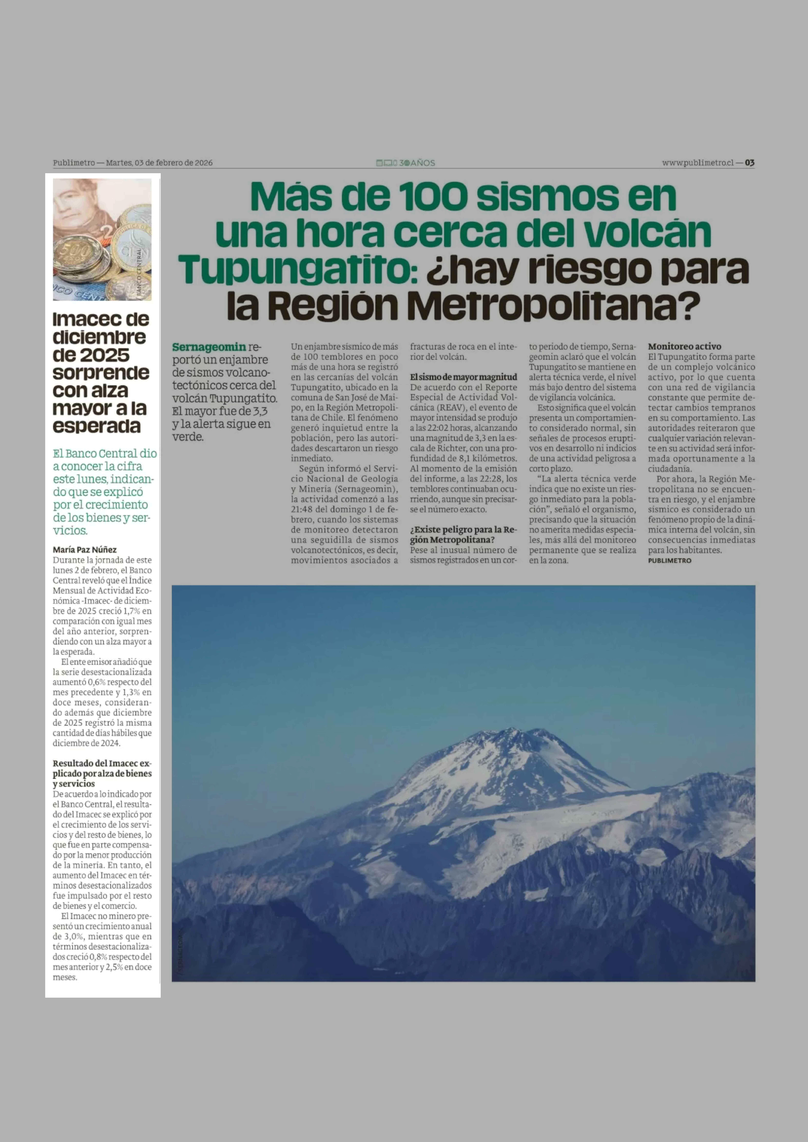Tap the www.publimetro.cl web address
coord(698,163)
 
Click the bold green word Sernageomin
coord(209,347)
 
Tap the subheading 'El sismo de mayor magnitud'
coord(463,377)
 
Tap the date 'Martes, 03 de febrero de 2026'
coord(159,163)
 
